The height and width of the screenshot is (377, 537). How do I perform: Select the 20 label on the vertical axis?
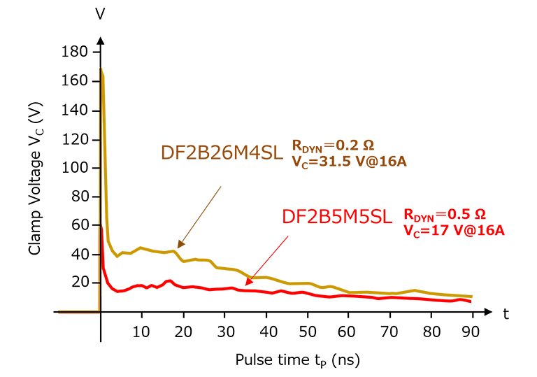(x=81, y=282)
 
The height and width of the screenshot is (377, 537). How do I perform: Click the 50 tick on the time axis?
(x=307, y=330)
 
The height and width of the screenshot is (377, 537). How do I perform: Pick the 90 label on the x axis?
(x=472, y=330)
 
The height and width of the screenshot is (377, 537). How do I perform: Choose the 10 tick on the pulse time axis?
(x=142, y=330)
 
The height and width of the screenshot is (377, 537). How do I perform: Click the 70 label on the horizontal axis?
(x=389, y=330)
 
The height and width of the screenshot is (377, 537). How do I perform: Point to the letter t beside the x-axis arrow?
(x=504, y=314)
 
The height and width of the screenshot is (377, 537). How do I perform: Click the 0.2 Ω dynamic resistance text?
(x=333, y=146)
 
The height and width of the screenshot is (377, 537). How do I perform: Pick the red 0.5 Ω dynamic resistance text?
(x=445, y=213)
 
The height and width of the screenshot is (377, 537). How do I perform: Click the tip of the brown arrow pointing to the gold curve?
(x=178, y=248)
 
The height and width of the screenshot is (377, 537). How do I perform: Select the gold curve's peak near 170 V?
(x=102, y=69)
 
